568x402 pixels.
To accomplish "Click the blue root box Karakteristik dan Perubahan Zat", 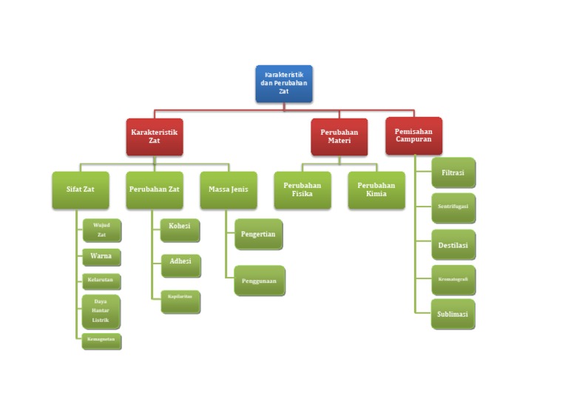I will [x=284, y=84].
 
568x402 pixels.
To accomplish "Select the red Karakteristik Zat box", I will [x=154, y=136].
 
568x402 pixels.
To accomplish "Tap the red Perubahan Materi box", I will [x=339, y=136].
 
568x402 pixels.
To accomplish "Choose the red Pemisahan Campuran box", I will [x=413, y=135].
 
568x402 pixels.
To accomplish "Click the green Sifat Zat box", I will [x=81, y=190].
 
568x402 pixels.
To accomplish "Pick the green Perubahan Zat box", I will [x=154, y=190].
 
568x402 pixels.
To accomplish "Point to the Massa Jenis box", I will [x=228, y=190].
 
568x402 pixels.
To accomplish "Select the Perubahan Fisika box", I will [x=302, y=190].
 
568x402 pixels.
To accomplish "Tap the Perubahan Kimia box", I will [x=376, y=190].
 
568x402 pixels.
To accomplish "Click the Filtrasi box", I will [x=453, y=172].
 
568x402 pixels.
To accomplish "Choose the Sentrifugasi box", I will [x=453, y=208].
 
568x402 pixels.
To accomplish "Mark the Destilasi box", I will [x=453, y=244].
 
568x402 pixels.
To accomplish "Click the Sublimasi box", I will [x=453, y=314].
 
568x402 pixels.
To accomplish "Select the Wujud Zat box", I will [x=101, y=230].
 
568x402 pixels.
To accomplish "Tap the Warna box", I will [x=101, y=257].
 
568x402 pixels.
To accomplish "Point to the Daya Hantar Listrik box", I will [x=101, y=311].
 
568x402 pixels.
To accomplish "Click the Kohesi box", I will [x=180, y=230].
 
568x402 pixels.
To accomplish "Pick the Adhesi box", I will [x=180, y=265].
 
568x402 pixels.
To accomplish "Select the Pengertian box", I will [x=258, y=234].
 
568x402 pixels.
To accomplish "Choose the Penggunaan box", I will [x=259, y=281].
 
